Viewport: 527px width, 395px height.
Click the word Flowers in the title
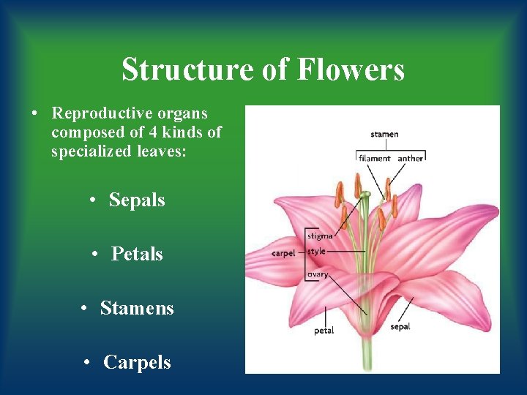click(351, 70)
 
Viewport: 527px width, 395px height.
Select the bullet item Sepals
click(137, 200)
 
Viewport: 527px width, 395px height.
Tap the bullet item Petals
click(137, 254)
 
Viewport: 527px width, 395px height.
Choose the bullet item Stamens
click(137, 308)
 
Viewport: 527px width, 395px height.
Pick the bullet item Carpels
click(137, 362)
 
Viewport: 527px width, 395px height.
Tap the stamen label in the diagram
click(384, 134)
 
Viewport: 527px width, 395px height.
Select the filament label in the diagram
click(374, 158)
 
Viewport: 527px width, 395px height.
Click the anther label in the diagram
click(410, 158)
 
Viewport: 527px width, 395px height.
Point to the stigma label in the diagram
click(320, 236)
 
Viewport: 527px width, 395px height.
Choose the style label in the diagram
click(316, 252)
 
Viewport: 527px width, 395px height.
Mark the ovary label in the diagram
click(318, 274)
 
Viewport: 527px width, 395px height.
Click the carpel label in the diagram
click(283, 253)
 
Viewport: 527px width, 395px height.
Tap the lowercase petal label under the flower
click(324, 331)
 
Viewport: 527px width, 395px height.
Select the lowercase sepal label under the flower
click(400, 327)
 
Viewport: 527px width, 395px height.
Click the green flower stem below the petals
click(367, 355)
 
